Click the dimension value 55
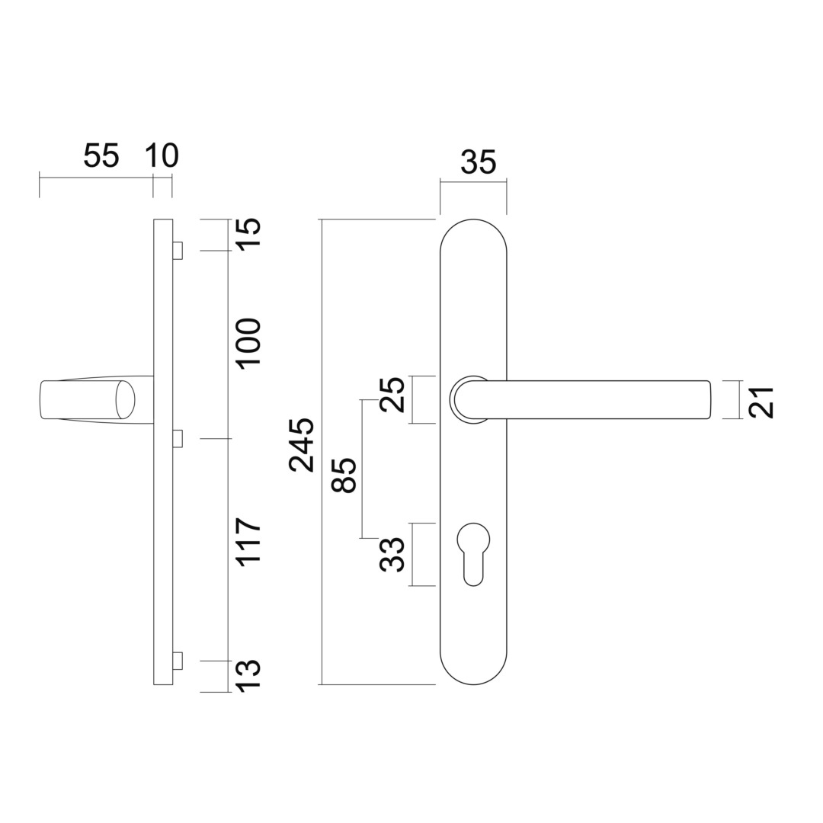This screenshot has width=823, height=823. pos(101,155)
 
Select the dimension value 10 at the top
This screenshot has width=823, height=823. pos(162,155)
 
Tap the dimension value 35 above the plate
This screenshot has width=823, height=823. pos(479,162)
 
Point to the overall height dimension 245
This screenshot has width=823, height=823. pos(303,445)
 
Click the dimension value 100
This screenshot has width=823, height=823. pos(249,343)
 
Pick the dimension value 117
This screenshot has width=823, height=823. pos(249,542)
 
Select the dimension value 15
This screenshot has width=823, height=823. pos(249,232)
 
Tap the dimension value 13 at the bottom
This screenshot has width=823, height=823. pos(249,675)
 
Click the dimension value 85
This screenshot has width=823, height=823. pos(345,476)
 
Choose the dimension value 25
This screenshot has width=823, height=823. pos(393,395)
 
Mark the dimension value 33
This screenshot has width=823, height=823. pos(393,554)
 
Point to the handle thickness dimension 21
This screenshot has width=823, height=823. pos(761,402)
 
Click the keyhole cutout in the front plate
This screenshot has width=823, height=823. pos(473,552)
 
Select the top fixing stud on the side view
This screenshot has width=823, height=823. pos(178,251)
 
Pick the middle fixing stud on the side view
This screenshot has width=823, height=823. pos(178,438)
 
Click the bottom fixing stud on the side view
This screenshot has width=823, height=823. pos(178,661)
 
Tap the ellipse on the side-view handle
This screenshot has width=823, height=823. pos(125,399)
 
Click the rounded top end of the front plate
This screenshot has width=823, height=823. pos(473,232)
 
